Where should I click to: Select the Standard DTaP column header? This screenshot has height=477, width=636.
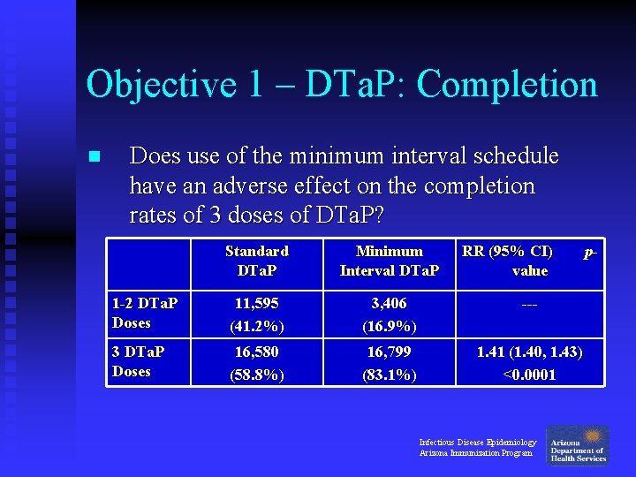[x=256, y=261]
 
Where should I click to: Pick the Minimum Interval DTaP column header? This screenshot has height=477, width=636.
[x=389, y=261]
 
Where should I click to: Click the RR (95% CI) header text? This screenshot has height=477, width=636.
[x=508, y=252]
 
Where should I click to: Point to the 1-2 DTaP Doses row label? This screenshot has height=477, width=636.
[x=145, y=313]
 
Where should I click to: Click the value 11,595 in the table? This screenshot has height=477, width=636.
[x=256, y=303]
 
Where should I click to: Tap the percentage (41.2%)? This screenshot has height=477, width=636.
[x=256, y=325]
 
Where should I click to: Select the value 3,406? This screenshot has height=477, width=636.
[x=389, y=303]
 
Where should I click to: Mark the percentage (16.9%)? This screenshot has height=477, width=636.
[x=389, y=325]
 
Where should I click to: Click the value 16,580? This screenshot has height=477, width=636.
[x=256, y=352]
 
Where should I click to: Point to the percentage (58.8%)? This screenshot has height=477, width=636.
[x=256, y=374]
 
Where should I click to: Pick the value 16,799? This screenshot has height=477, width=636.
[x=389, y=352]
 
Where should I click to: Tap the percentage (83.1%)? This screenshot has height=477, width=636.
[x=389, y=374]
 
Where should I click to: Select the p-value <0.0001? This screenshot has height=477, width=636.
[x=529, y=374]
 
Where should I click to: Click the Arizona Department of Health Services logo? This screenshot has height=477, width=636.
[x=578, y=444]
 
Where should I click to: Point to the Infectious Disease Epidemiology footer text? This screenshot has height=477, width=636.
[x=477, y=442]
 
